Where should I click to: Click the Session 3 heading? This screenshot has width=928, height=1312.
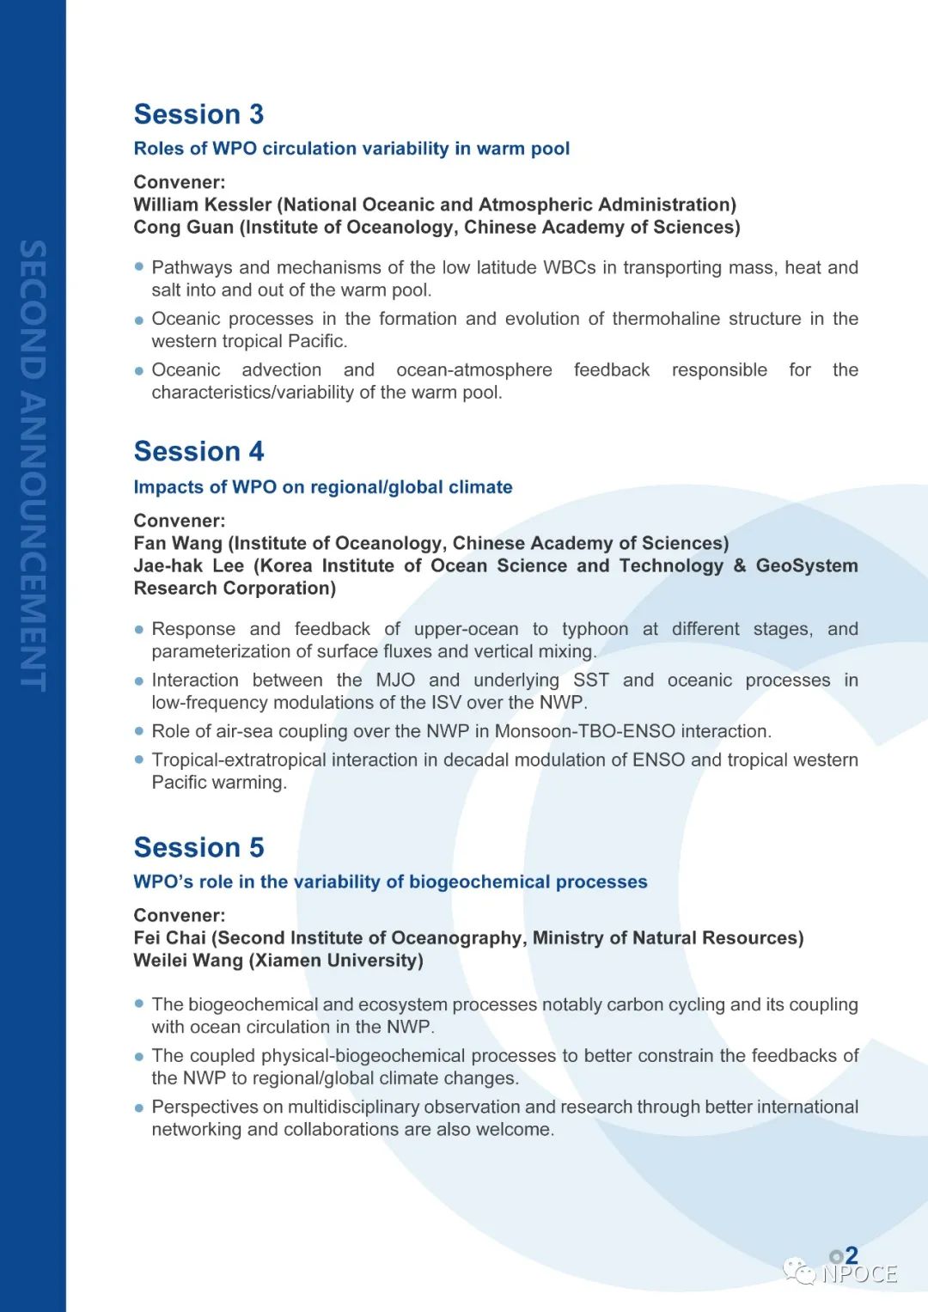coord(198,114)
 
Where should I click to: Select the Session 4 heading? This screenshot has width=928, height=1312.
coord(198,452)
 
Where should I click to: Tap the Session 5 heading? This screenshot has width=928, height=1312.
coord(198,848)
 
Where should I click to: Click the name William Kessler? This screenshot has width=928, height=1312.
coord(202,204)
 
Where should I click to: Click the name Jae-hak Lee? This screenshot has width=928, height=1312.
coord(189,565)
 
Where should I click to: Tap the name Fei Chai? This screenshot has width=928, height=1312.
coord(169,937)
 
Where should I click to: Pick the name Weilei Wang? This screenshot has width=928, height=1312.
coord(188,960)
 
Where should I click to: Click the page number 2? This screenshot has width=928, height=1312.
coord(851,1255)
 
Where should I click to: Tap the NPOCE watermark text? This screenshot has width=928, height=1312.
coord(858,1273)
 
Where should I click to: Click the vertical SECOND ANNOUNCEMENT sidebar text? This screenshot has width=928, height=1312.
coord(33,465)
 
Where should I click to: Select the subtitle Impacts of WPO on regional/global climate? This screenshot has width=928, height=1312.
coord(322,487)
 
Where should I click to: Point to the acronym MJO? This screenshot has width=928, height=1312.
coord(395,680)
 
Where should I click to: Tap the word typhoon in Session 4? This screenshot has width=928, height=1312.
coord(595,629)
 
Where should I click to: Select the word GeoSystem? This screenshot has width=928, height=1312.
coord(806,565)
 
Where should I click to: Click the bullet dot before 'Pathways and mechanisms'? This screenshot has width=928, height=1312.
coord(139,267)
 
